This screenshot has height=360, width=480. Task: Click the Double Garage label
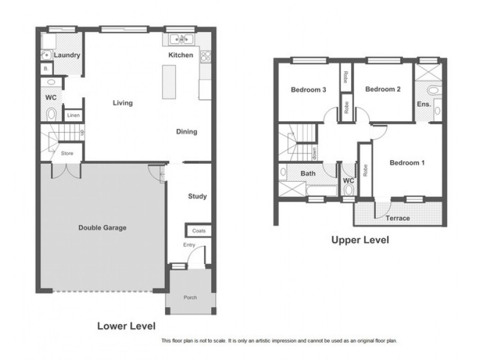click(x=102, y=227)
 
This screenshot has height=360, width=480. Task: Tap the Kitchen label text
click(x=181, y=55)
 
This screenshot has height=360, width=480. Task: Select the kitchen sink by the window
click(x=181, y=40)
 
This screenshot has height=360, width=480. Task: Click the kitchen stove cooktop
click(x=205, y=56)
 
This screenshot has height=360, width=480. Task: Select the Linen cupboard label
click(x=73, y=115)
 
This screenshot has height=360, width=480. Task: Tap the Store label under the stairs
click(x=67, y=154)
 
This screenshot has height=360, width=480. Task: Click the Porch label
click(x=190, y=298)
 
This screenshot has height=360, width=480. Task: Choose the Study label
click(x=197, y=196)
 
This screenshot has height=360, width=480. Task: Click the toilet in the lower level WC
click(x=51, y=114)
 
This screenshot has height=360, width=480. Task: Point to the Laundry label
click(x=67, y=55)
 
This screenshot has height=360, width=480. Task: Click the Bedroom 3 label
click(x=308, y=90)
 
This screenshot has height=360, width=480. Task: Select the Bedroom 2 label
click(x=383, y=89)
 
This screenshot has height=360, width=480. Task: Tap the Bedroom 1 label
click(x=407, y=163)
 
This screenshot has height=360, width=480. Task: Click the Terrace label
click(x=397, y=218)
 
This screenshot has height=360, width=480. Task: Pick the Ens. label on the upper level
click(x=424, y=104)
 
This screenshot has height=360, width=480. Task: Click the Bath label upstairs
click(x=308, y=174)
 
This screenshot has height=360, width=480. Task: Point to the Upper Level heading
click(x=360, y=240)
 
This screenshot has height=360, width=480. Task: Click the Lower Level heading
click(x=126, y=326)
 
